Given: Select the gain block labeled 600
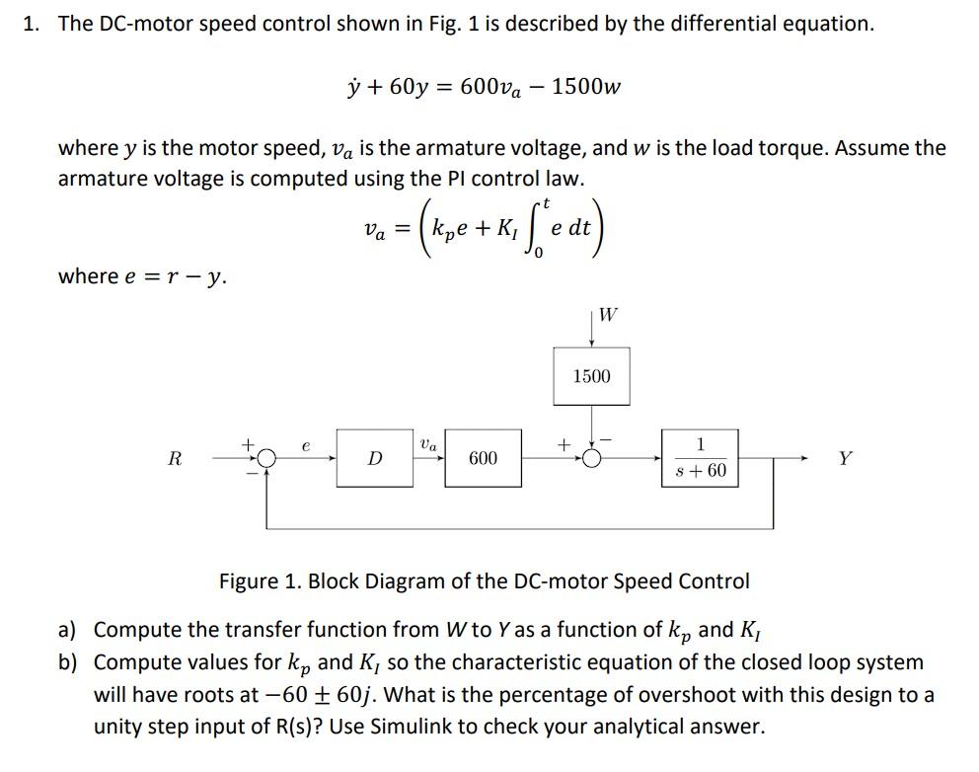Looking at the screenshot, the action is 483,458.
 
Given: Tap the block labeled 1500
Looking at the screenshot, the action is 591,376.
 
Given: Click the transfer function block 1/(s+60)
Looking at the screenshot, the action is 700,458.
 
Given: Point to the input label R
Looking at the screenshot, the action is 175,458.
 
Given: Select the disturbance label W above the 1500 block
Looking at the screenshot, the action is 608,315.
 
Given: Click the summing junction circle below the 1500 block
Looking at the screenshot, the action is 591,459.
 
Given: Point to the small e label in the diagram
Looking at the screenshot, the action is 306,445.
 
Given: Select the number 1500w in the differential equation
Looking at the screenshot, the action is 586,86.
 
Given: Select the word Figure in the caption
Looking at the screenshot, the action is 251,580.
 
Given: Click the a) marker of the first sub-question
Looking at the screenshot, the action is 68,630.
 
